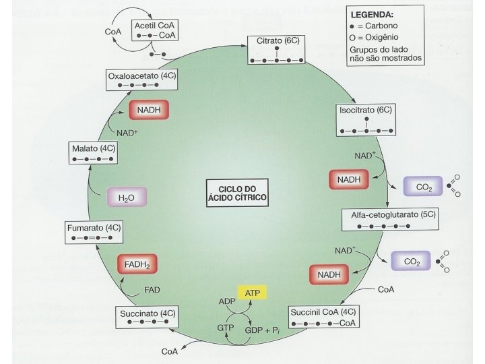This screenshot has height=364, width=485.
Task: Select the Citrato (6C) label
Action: coord(273,42)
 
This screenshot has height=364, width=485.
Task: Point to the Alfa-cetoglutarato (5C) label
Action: coord(381,214)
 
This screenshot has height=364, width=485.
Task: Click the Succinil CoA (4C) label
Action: coord(321,313)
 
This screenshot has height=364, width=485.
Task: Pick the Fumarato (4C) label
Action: coord(93,228)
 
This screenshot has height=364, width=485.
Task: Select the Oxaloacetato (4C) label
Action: coord(140,76)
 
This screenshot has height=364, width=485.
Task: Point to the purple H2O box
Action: coord(127,198)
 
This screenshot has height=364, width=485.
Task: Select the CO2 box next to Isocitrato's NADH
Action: coord(423,186)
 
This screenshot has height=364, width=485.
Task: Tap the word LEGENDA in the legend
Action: coord(373,14)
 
